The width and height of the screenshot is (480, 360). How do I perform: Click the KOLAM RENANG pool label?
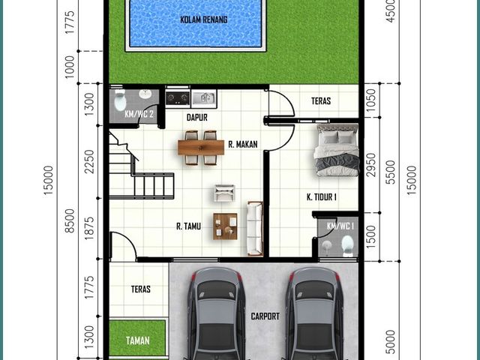pos(203,19)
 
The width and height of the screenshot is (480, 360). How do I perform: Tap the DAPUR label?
pos(196,117)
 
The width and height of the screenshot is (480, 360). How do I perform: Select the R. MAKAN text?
pos(243,144)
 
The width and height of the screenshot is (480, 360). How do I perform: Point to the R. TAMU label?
pos(188,226)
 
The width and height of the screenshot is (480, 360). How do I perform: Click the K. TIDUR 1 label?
pos(322,196)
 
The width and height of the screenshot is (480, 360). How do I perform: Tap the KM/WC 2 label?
pos(139,114)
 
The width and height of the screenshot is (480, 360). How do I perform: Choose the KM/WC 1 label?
pos(340,226)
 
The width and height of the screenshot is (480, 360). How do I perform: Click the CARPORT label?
pos(265,316)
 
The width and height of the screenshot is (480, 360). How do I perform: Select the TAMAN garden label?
pos(138,340)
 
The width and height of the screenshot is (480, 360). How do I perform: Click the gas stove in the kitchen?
pos(178,97)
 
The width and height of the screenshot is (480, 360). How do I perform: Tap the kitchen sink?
pos(204,98)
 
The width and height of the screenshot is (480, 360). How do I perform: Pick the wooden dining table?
pos(201,148)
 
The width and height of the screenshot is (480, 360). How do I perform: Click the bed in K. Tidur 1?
pos(337,150)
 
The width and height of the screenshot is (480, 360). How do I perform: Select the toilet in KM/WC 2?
pos(120,100)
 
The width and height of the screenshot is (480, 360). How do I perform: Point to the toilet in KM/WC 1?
pos(348,246)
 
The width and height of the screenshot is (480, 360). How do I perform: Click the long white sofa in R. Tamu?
pos(255,228)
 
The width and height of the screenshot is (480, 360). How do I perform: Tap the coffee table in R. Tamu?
pos(225,226)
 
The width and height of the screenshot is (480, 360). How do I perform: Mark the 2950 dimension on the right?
pos(371,165)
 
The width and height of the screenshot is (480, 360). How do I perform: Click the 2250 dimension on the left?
pos(89,161)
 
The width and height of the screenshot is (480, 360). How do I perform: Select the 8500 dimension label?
pos(70,220)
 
